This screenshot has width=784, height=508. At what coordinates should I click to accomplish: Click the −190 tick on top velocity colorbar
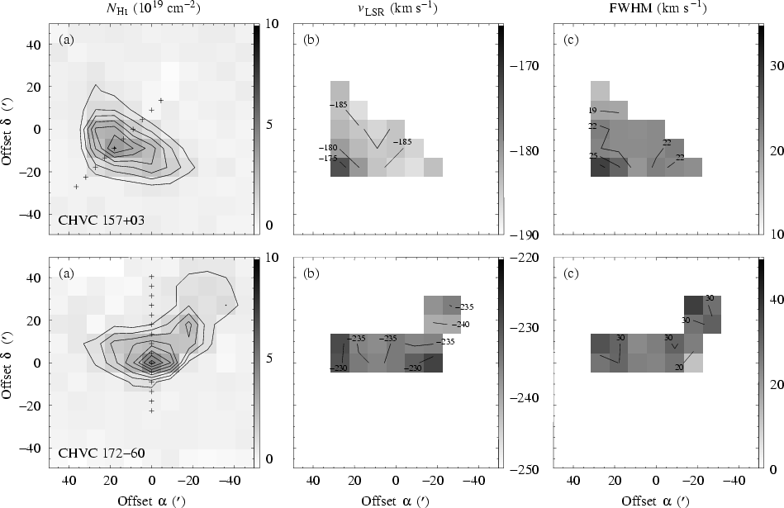[525, 235]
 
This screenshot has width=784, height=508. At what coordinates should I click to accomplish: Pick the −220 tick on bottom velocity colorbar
[525, 258]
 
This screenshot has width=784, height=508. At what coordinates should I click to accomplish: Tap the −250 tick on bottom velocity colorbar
[525, 469]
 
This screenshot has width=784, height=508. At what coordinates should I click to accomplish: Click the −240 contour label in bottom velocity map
[463, 324]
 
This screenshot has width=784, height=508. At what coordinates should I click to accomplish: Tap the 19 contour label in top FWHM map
[592, 110]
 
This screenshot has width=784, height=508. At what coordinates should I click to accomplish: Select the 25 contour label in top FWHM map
[592, 156]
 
